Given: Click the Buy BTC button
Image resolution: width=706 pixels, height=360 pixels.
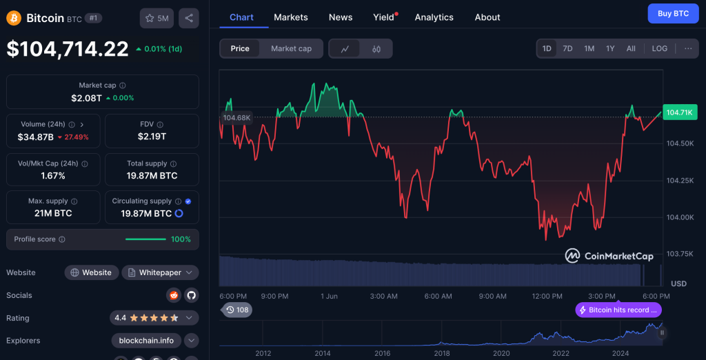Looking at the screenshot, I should (x=673, y=13).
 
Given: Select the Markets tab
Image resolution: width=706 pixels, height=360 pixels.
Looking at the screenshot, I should (x=291, y=17).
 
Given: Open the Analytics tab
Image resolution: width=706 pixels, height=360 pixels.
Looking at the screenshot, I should (x=434, y=17).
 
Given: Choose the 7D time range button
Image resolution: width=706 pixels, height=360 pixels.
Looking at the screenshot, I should (x=567, y=48).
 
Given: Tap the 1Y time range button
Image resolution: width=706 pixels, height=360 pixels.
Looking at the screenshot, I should (x=610, y=48).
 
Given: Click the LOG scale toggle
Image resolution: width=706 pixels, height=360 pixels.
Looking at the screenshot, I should (x=659, y=48).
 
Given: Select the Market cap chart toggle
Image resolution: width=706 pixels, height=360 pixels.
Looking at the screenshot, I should (x=291, y=48).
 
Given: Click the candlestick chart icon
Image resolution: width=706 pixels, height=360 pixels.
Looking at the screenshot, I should (x=376, y=49).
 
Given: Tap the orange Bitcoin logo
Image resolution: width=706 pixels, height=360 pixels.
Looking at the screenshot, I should (x=14, y=18).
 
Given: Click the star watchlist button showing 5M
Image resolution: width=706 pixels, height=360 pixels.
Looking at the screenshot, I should (x=157, y=18).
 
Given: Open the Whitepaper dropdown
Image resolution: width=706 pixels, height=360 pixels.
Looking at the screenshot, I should (x=161, y=272).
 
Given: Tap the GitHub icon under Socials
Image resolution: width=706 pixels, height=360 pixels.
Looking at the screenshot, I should (x=191, y=295).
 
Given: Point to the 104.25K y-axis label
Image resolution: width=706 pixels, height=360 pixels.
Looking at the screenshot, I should (x=679, y=180).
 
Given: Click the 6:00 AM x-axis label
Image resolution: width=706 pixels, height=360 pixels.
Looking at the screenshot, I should (x=438, y=296).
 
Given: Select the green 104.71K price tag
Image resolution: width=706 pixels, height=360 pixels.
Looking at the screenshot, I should (x=679, y=112).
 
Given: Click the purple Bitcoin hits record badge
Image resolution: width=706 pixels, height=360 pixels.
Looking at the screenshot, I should (x=618, y=310).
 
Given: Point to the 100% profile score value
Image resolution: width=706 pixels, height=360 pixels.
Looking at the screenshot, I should (x=181, y=239).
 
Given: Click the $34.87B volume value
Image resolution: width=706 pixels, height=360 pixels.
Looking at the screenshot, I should (x=35, y=137).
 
